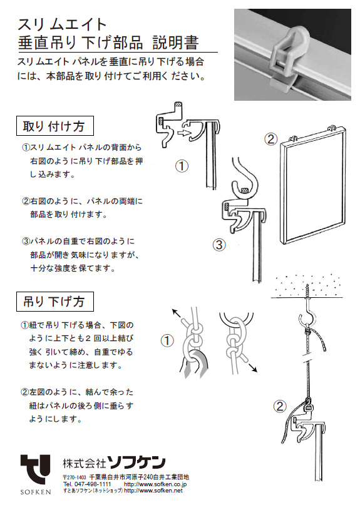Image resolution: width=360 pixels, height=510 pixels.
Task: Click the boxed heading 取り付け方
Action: click(x=54, y=126)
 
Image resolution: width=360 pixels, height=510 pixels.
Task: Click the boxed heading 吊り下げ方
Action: click(x=54, y=302)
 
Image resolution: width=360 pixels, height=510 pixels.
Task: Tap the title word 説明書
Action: click(x=175, y=43)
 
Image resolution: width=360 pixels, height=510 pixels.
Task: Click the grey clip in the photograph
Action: click(x=287, y=59)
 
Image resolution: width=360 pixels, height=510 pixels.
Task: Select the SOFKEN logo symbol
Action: click(x=36, y=470)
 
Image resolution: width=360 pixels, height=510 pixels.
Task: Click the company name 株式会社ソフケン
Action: click(x=114, y=463)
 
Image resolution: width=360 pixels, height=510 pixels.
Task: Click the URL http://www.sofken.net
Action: click(x=153, y=491)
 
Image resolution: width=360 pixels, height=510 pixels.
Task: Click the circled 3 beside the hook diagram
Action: click(x=219, y=244)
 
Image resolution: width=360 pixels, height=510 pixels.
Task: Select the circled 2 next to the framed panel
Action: click(x=270, y=139)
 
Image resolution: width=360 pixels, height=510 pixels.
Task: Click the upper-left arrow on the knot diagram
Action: click(x=179, y=315)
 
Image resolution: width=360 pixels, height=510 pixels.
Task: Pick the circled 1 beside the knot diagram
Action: click(x=167, y=341)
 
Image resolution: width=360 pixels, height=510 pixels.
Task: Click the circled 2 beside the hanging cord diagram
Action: click(x=280, y=406)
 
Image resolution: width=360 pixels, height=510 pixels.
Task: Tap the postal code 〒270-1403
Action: click(x=75, y=477)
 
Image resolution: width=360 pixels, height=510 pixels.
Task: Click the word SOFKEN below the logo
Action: click(x=36, y=492)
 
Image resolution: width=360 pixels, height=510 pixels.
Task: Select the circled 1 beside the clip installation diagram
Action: click(x=182, y=166)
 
